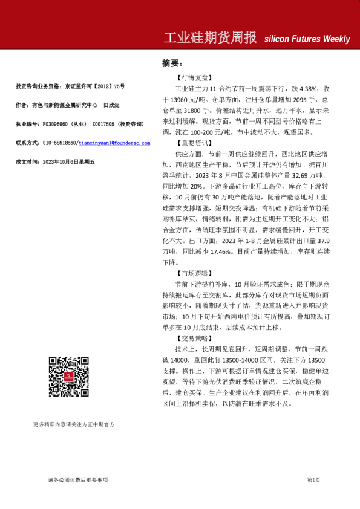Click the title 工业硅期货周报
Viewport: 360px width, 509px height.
[x=210, y=38]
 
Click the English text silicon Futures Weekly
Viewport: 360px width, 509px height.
[x=307, y=39]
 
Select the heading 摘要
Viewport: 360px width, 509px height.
[x=171, y=63]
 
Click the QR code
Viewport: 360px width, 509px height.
[x=69, y=377]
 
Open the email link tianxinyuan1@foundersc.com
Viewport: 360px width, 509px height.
[x=114, y=143]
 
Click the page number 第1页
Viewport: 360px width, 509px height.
[x=313, y=480]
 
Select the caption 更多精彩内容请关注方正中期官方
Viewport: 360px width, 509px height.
[x=74, y=424]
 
